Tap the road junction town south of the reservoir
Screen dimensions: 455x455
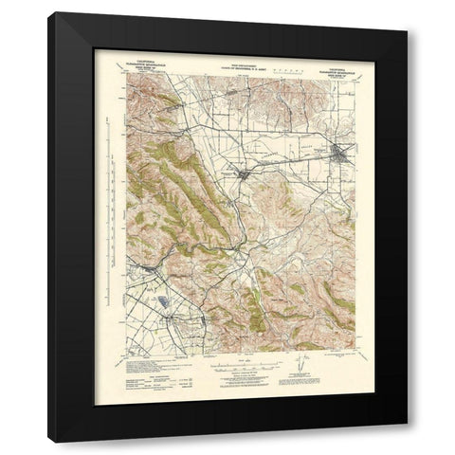(180, 334)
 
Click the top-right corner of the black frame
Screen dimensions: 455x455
(408, 30)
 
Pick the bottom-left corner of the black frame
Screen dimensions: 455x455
(49, 442)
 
